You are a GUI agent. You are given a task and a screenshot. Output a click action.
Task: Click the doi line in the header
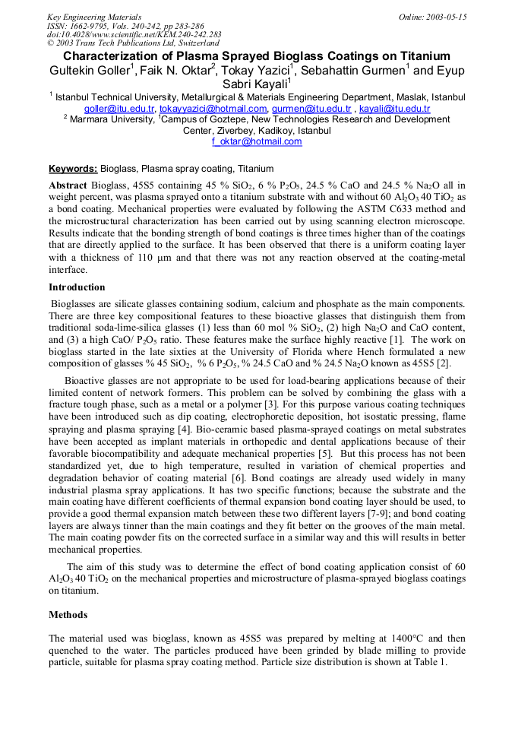(x=134, y=34)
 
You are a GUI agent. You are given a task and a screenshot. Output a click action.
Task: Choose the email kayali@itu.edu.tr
(x=394, y=109)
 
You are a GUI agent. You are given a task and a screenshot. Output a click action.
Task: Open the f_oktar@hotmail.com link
(x=257, y=141)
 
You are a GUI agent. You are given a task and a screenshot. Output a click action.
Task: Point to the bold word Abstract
(x=68, y=185)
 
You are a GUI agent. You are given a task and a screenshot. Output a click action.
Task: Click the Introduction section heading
(x=77, y=287)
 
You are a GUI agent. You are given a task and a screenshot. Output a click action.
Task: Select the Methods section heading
(x=68, y=614)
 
